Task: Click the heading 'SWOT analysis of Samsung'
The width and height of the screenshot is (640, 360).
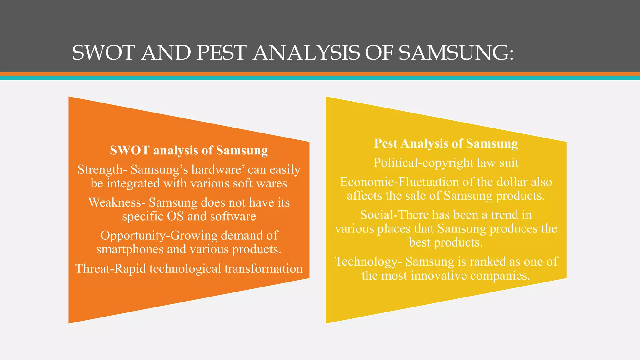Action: click(x=189, y=150)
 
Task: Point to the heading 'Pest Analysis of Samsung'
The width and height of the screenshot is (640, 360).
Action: click(x=446, y=143)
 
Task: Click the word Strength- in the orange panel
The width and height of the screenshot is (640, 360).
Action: click(x=102, y=170)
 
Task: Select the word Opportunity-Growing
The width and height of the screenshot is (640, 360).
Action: click(x=159, y=236)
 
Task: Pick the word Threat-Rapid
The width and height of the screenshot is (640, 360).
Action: click(x=111, y=269)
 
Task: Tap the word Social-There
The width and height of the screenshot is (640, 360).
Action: click(x=394, y=215)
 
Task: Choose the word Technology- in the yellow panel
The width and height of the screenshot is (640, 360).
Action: click(x=368, y=262)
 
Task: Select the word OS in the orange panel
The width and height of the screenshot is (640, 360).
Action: click(x=175, y=216)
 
